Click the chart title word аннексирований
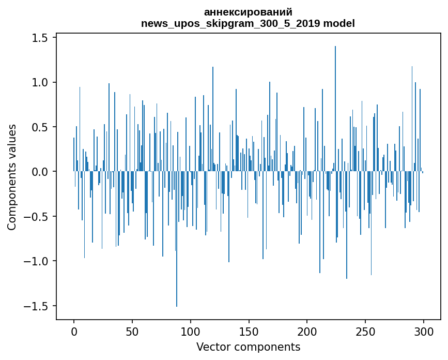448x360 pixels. pyautogui.click(x=248, y=12)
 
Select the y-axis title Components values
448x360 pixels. pyautogui.click(x=12, y=177)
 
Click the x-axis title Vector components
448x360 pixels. pyautogui.click(x=248, y=347)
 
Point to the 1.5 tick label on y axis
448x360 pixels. pyautogui.click(x=39, y=38)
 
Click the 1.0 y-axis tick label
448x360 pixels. pyautogui.click(x=39, y=82)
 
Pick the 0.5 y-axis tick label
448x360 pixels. pyautogui.click(x=39, y=127)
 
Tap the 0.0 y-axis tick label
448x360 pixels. pyautogui.click(x=39, y=172)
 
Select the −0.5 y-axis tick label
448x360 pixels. pyautogui.click(x=36, y=216)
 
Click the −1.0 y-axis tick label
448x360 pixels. pyautogui.click(x=36, y=261)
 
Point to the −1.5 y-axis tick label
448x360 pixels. pyautogui.click(x=36, y=306)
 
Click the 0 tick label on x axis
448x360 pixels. pyautogui.click(x=74, y=331)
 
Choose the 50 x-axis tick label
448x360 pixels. pyautogui.click(x=132, y=331)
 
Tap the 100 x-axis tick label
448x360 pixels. pyautogui.click(x=191, y=331)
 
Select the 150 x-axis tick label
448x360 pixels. pyautogui.click(x=249, y=331)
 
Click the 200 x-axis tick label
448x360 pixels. pyautogui.click(x=307, y=331)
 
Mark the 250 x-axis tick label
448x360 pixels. pyautogui.click(x=365, y=331)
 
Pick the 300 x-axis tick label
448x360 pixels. pyautogui.click(x=424, y=331)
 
